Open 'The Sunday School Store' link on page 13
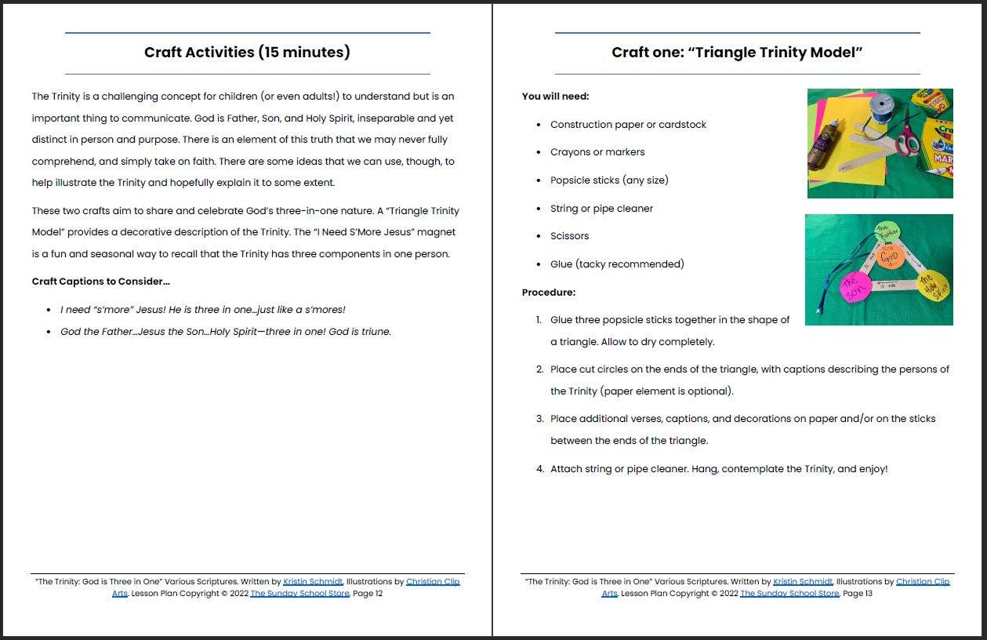pyautogui.click(x=789, y=594)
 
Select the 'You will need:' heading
pyautogui.click(x=556, y=96)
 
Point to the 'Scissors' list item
pyautogui.click(x=569, y=236)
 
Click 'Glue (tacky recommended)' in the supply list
pyautogui.click(x=617, y=264)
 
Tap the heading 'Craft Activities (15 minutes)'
pyautogui.click(x=247, y=53)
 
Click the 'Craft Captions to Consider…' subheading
pyautogui.click(x=101, y=282)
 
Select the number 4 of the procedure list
pyautogui.click(x=539, y=469)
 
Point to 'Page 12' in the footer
pyautogui.click(x=368, y=594)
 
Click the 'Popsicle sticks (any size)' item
pyautogui.click(x=609, y=180)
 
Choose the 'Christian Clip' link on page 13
pyautogui.click(x=922, y=582)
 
